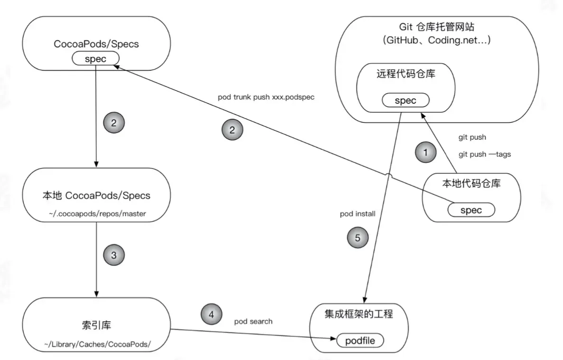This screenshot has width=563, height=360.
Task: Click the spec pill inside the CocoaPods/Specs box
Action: click(x=96, y=59)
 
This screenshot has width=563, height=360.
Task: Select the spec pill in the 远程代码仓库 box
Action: click(x=405, y=100)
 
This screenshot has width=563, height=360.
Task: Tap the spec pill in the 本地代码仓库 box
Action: click(x=471, y=210)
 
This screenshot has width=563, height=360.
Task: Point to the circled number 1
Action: click(x=425, y=152)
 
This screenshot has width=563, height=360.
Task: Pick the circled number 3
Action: click(x=113, y=255)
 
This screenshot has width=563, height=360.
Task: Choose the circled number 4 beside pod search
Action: click(x=211, y=314)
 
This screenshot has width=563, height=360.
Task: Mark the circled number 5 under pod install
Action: click(x=358, y=238)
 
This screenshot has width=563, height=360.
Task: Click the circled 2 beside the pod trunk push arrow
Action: click(x=233, y=131)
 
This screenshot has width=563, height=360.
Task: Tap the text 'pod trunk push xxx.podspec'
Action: click(x=266, y=97)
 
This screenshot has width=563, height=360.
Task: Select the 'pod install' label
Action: click(x=357, y=214)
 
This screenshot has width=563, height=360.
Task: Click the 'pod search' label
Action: click(x=253, y=322)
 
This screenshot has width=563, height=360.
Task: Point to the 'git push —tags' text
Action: click(x=485, y=154)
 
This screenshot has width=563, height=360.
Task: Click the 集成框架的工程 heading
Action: click(x=359, y=314)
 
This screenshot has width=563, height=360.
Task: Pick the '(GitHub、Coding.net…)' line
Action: click(x=437, y=40)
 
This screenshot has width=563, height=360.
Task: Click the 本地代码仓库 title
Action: click(x=471, y=184)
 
